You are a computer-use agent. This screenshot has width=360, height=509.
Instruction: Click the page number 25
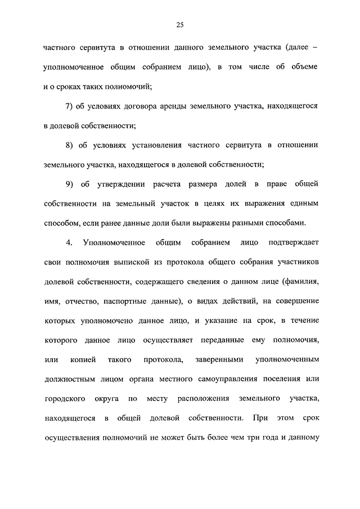[x=180, y=24]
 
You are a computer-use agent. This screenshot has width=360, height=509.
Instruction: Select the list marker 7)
[x=70, y=106]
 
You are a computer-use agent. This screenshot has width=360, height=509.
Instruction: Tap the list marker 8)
[x=70, y=145]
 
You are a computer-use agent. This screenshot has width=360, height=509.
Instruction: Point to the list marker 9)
[x=70, y=184]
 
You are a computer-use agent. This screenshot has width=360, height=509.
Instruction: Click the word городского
[x=64, y=399]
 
